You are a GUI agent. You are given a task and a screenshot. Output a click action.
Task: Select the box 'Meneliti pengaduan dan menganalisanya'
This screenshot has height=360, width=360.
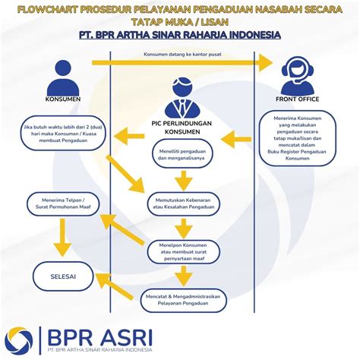pyautogui.click(x=180, y=157)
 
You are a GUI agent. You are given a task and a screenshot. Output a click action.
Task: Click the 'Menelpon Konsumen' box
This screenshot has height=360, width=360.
pyautogui.click(x=182, y=249)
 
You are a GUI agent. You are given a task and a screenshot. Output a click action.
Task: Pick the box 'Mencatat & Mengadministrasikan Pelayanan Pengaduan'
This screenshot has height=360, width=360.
pyautogui.click(x=182, y=298)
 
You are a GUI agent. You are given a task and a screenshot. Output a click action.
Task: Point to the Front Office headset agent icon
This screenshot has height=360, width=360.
pyautogui.click(x=297, y=74)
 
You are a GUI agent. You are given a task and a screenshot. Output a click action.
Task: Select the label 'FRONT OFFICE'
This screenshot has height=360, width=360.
pyautogui.click(x=297, y=99)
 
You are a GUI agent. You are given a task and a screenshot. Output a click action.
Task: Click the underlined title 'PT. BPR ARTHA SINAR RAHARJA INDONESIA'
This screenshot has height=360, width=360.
pyautogui.click(x=180, y=35)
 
